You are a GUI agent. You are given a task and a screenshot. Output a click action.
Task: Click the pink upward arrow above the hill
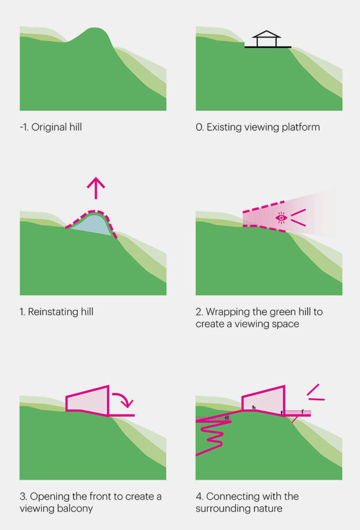96,188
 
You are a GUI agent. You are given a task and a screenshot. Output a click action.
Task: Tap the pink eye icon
281,217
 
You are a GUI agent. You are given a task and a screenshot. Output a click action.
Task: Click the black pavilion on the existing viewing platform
267,40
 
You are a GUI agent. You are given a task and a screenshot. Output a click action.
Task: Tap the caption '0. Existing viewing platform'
258,127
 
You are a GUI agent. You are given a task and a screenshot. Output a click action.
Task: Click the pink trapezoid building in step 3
87,401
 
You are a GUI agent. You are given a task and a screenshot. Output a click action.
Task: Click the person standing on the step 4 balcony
303,411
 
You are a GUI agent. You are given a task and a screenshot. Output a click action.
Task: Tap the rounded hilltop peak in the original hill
96,32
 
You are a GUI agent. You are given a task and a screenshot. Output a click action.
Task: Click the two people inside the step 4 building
254,408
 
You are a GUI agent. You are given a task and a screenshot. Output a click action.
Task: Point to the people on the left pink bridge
227,418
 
